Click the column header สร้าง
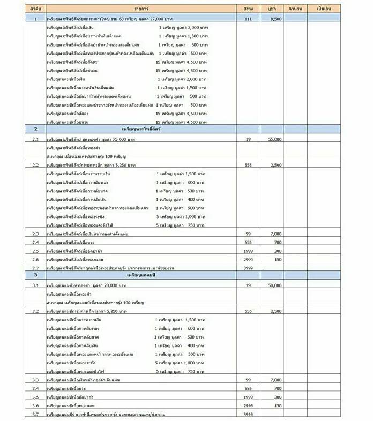point(248,10)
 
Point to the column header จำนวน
point(295,10)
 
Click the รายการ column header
point(141,10)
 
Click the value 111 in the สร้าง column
point(248,19)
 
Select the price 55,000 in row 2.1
point(275,138)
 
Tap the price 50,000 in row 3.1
point(275,285)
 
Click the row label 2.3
point(35,234)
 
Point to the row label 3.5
point(35,397)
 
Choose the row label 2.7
point(35,267)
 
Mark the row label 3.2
point(35,311)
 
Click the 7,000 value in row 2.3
point(276,234)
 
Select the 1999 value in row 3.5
point(248,397)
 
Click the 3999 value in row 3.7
point(248,414)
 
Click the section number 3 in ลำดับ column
point(35,275)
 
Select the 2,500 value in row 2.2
point(276,165)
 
